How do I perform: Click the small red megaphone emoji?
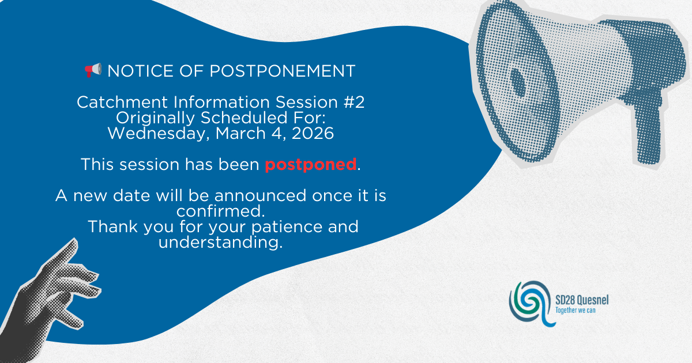click(93, 70)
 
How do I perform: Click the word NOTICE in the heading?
click(141, 71)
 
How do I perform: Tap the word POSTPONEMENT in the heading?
click(283, 71)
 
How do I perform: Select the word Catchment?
click(123, 102)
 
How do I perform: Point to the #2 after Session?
click(354, 102)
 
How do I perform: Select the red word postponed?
click(311, 165)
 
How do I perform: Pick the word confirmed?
click(220, 211)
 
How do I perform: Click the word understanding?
click(220, 243)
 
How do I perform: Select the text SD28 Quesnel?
click(582, 300)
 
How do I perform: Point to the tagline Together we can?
click(576, 310)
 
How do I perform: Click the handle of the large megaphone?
click(649, 133)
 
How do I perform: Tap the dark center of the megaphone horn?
click(518, 82)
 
